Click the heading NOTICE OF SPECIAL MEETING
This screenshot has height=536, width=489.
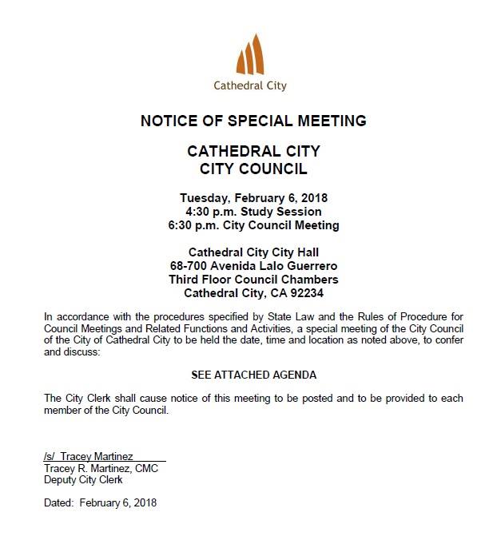(253, 121)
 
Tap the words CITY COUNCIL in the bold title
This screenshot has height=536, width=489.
(253, 169)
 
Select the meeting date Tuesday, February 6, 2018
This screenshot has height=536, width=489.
(253, 197)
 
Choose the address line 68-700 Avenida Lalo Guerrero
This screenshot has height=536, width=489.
(253, 265)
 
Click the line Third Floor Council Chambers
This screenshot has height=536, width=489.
(253, 279)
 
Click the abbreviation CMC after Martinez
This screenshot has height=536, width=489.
(146, 469)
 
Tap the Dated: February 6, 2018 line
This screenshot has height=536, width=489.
(100, 503)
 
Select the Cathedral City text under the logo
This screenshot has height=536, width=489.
(250, 85)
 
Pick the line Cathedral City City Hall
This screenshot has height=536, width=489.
(253, 252)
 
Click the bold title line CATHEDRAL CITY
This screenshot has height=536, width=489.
(253, 152)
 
